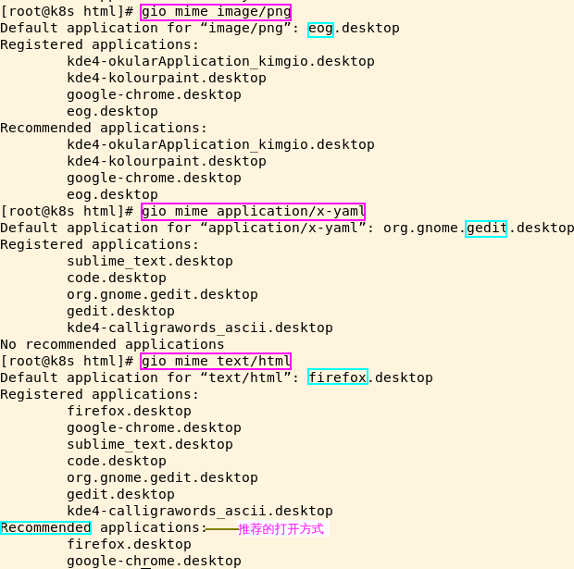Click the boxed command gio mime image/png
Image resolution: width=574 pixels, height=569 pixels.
[216, 12]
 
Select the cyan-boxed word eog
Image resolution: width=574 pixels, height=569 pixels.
[320, 29]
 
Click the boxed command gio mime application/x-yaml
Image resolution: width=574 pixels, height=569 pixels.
[253, 211]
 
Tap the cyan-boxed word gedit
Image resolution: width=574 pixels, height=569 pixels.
[486, 228]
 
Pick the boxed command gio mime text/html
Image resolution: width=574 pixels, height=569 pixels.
[216, 361]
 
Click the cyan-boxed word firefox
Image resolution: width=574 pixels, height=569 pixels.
[338, 377]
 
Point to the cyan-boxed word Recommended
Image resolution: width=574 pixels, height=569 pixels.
[46, 527]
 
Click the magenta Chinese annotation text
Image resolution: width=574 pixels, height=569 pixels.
[281, 529]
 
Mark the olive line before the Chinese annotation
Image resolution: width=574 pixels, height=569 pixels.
[221, 529]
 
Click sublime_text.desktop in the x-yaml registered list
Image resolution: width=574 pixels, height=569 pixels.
[150, 261]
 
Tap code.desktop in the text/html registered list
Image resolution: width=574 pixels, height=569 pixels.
[117, 461]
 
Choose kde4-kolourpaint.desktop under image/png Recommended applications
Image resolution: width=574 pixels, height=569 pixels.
[167, 161]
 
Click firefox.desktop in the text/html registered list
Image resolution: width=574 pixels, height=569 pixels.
[129, 411]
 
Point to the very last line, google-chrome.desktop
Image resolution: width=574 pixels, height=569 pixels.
[154, 561]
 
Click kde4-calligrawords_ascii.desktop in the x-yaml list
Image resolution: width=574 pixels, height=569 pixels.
[200, 328]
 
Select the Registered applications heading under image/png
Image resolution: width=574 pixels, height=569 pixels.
[100, 44]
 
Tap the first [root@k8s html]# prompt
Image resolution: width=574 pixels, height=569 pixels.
[68, 12]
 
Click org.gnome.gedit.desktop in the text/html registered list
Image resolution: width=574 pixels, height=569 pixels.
[162, 477]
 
